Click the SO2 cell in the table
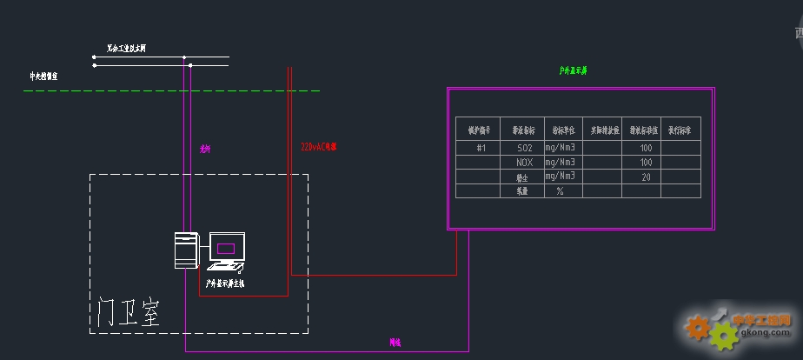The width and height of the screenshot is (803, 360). tap(523, 149)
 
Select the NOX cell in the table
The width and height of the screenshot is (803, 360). tap(523, 163)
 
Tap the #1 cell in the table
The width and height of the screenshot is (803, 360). tap(481, 149)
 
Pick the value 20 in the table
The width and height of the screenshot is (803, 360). tap(645, 177)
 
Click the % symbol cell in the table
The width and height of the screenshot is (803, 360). tap(561, 190)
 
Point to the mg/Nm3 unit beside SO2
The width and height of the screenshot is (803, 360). tap(561, 149)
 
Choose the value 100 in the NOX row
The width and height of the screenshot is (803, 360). tap(645, 163)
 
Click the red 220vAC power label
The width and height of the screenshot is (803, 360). tap(318, 147)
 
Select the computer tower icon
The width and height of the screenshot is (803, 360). tap(187, 250)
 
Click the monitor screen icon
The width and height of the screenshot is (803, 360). tap(226, 248)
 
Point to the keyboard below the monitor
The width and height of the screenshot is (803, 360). tap(224, 268)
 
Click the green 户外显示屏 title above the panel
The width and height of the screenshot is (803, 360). tap(573, 70)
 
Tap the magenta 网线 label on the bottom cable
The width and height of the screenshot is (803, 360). tap(395, 343)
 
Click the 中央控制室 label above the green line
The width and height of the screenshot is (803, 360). tap(43, 77)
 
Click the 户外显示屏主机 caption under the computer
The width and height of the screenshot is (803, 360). tap(225, 283)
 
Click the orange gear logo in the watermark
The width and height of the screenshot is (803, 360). tap(696, 327)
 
